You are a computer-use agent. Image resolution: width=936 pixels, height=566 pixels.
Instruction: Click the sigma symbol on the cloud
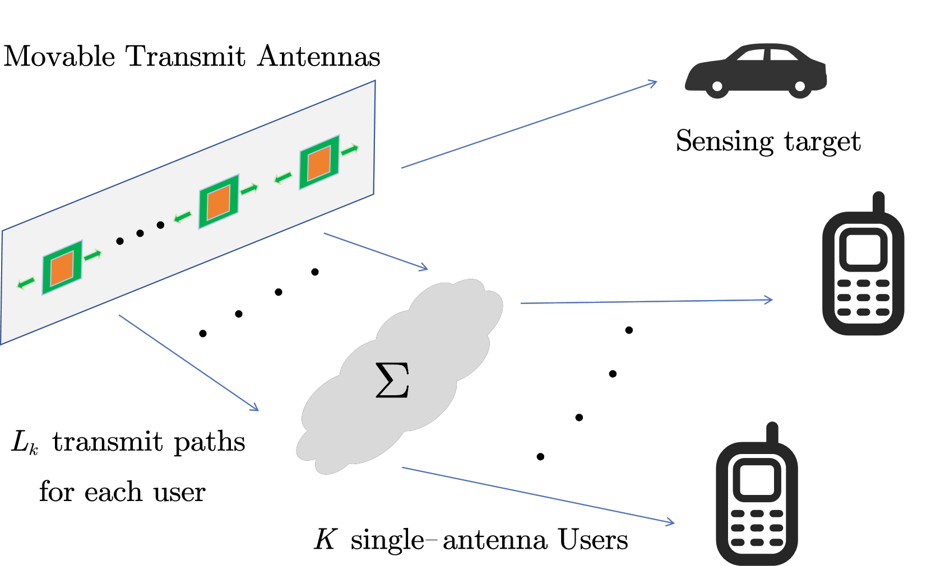point(392,380)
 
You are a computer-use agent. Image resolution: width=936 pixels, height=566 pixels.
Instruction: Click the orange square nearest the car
point(319,163)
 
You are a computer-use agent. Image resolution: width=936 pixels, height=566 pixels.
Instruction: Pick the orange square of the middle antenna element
point(219,202)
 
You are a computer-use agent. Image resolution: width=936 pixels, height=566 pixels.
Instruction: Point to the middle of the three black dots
point(140,233)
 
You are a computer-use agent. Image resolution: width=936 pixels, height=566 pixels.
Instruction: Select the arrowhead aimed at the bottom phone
point(671,523)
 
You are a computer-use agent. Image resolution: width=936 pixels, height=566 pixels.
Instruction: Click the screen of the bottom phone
point(757,480)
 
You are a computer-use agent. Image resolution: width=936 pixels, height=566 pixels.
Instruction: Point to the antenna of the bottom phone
point(772,432)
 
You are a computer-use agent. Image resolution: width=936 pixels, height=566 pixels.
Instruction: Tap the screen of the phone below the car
point(863,250)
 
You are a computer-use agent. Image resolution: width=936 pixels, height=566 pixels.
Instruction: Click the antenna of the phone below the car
point(878,202)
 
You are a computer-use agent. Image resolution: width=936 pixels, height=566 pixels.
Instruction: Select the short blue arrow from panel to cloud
point(376,251)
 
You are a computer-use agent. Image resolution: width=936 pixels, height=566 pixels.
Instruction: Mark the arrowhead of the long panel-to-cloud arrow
point(256,409)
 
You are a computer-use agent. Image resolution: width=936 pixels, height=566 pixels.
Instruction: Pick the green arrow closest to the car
point(350,150)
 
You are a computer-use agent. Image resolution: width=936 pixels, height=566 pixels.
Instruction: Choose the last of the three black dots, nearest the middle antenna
point(160,225)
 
